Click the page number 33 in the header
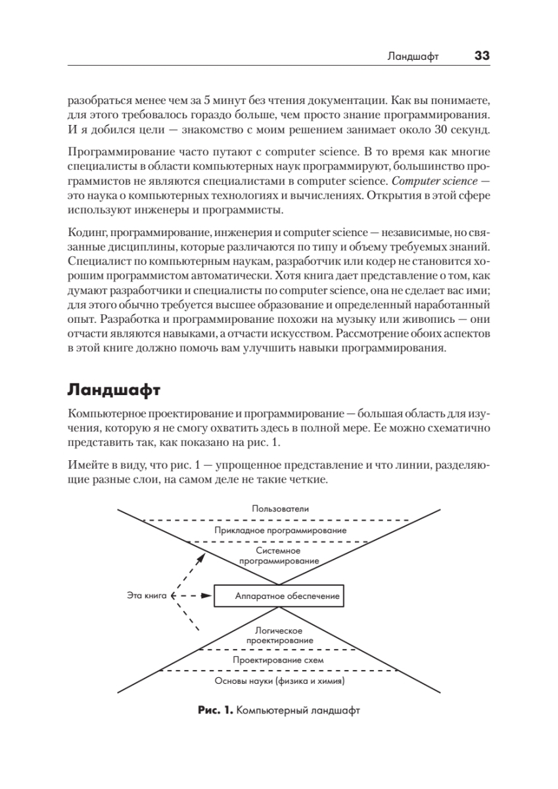482,57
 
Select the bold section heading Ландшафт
114,391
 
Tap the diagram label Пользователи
280,508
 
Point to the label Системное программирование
279,556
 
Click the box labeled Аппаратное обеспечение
279,596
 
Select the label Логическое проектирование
279,634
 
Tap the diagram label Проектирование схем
279,659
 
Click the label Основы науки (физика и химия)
280,681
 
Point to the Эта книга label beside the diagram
146,596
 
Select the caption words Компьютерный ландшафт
298,711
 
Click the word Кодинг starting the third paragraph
83,231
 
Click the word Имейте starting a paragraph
85,466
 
